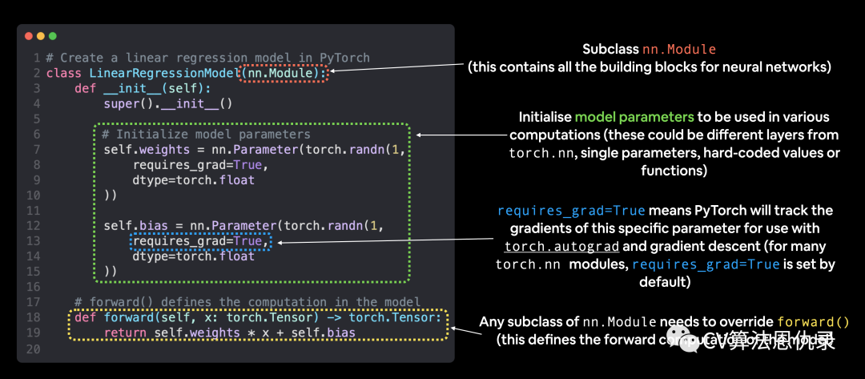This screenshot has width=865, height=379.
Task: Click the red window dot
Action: tap(29, 36)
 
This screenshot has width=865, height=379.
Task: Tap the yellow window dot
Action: tap(41, 36)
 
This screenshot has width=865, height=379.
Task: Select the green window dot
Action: tap(53, 36)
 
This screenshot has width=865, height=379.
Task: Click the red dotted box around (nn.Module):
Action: tap(284, 73)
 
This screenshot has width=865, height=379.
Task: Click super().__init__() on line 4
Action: tap(168, 103)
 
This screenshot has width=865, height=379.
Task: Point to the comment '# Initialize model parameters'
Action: tap(207, 135)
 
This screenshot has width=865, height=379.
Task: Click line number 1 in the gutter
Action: tap(37, 58)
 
